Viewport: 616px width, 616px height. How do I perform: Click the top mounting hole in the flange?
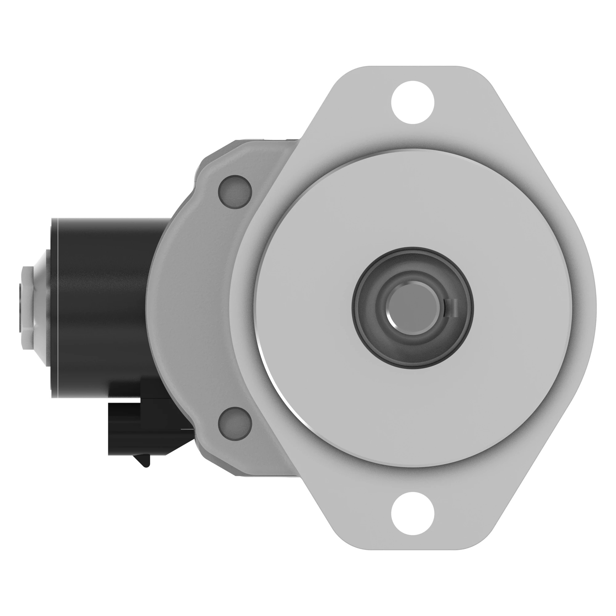tap(413, 102)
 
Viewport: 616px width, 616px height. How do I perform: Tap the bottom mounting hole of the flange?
tap(413, 513)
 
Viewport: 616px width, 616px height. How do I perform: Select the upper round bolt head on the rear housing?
tap(235, 192)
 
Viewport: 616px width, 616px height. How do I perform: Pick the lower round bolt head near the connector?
tap(235, 424)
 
